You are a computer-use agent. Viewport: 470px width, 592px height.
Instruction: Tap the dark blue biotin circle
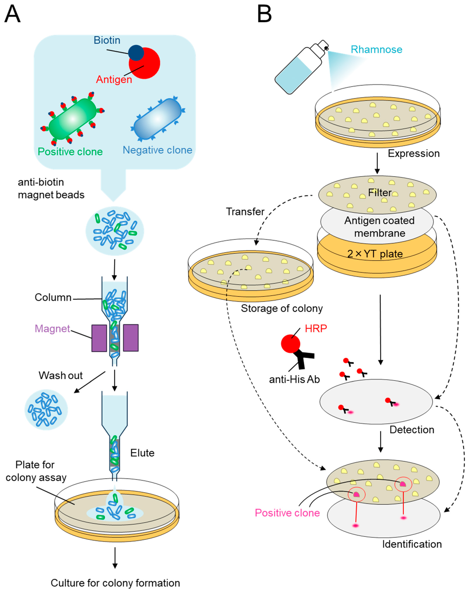(x=136, y=53)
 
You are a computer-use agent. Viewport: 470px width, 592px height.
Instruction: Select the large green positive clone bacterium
(x=73, y=119)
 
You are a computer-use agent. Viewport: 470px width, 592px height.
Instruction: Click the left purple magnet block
(x=99, y=338)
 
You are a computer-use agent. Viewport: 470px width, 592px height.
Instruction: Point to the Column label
(x=53, y=297)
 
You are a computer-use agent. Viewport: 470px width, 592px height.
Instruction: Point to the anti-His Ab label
(x=294, y=380)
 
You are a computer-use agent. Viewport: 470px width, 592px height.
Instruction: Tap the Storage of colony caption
(x=282, y=308)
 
